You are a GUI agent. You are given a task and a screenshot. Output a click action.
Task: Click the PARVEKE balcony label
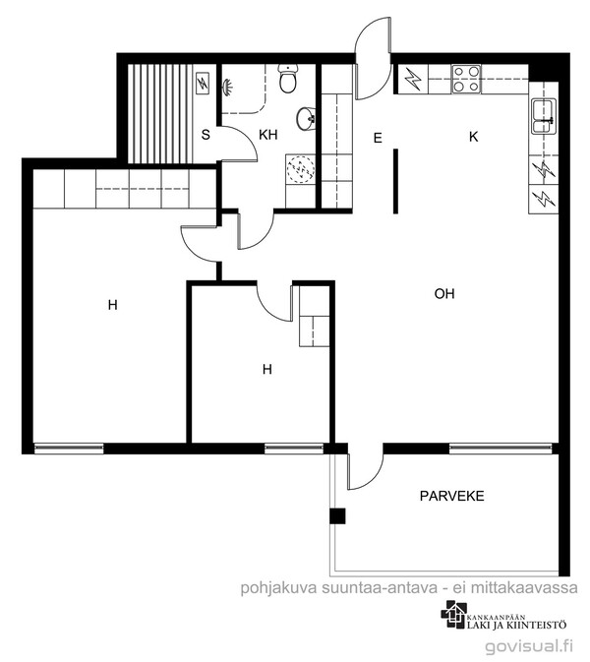[451, 496]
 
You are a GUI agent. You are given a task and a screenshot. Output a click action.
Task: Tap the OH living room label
[444, 293]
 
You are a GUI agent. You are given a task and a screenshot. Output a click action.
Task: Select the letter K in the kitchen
[474, 137]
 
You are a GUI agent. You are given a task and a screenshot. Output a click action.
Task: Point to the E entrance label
[378, 138]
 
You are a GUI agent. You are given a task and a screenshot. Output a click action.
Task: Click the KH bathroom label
[268, 135]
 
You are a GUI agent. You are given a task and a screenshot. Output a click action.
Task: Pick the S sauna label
[206, 135]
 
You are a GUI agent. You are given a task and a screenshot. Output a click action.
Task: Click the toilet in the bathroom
[289, 78]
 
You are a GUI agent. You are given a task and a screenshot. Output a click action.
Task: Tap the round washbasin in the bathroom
[306, 118]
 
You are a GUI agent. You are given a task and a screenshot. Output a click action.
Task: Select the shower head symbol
[227, 87]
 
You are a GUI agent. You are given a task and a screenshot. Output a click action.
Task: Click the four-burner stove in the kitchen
[466, 80]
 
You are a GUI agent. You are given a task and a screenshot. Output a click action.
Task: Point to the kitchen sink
[544, 116]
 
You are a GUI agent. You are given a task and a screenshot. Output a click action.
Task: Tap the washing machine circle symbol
[301, 170]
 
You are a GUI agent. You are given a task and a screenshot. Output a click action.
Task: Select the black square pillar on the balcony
[337, 515]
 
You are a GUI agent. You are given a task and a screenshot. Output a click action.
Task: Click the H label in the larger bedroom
[112, 304]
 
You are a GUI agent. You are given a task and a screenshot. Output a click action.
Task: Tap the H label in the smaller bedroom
[266, 370]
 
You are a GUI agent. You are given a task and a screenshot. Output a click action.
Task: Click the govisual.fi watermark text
[529, 646]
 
